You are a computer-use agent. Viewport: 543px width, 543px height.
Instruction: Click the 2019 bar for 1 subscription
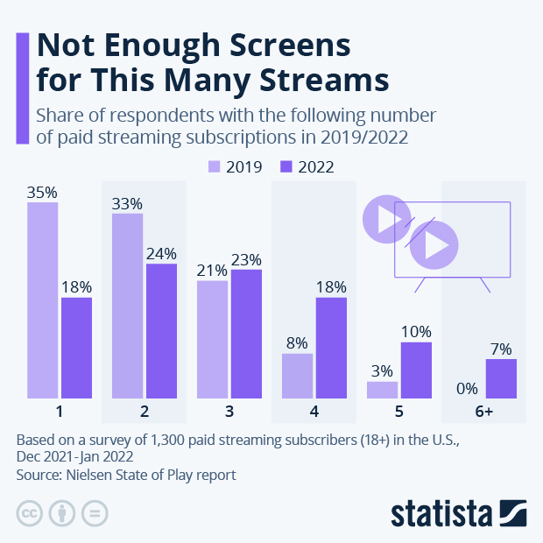[42, 300]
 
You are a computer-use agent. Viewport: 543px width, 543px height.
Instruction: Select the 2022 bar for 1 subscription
[76, 349]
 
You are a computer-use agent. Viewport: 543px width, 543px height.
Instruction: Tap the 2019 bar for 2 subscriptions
[127, 306]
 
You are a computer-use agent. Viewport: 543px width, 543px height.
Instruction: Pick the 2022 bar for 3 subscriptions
[246, 334]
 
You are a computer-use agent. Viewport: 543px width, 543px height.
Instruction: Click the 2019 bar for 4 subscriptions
[297, 376]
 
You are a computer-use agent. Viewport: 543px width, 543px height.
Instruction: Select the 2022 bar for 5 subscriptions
[416, 370]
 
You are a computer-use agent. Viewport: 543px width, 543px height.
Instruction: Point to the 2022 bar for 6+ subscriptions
[501, 378]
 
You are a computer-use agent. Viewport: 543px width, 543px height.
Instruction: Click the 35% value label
[42, 192]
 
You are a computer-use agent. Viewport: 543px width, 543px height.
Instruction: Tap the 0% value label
[468, 389]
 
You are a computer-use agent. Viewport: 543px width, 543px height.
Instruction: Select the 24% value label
[161, 253]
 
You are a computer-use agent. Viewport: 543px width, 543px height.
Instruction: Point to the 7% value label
[501, 349]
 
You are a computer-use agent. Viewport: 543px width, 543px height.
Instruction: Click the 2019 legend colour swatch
[214, 166]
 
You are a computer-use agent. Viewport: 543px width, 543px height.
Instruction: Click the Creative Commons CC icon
[30, 513]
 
